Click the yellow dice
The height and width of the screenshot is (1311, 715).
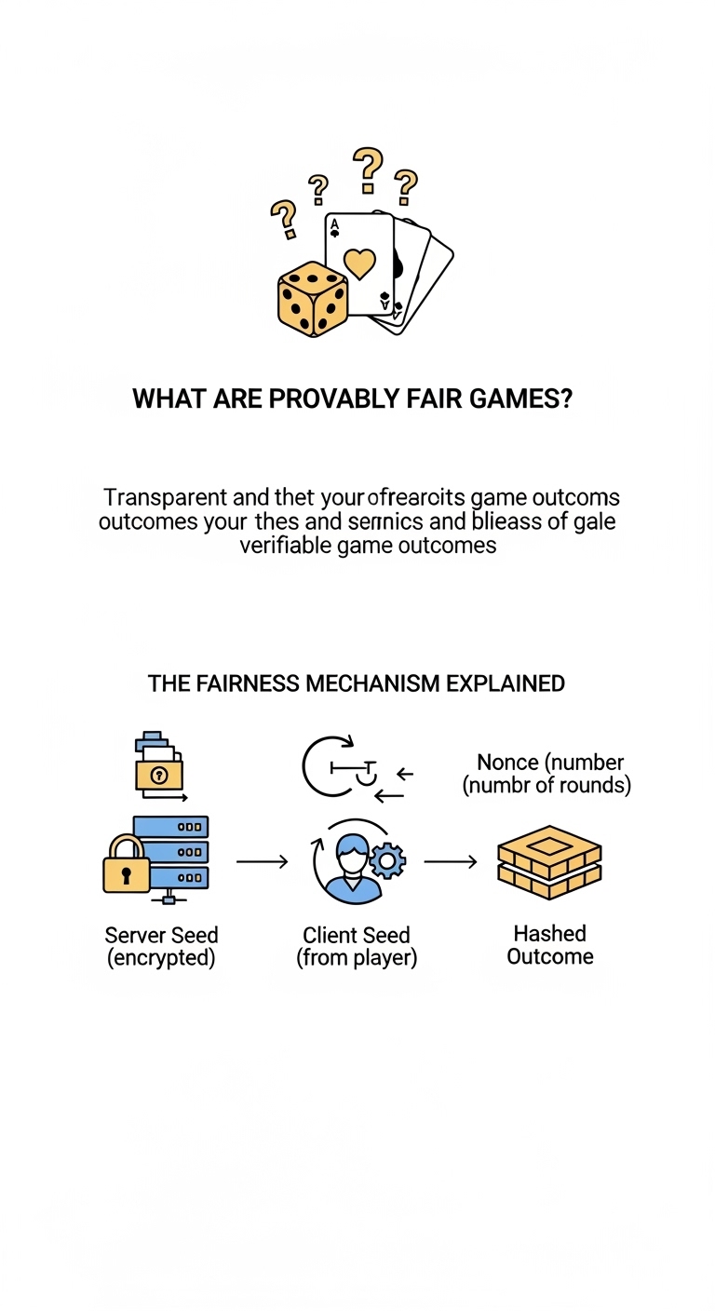coord(312,298)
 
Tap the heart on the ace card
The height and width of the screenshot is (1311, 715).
coord(358,262)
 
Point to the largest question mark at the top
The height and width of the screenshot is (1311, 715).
coord(369,168)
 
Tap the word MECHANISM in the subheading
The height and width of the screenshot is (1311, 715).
coord(357,683)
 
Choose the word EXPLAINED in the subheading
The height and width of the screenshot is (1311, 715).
coord(506,683)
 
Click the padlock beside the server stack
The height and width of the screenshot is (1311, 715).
coord(126,865)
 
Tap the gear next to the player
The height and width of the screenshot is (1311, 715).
coord(387,861)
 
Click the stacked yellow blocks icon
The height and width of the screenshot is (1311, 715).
coord(549,861)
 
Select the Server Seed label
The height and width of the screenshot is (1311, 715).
coord(161,934)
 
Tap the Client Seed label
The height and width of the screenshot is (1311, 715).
coord(356,934)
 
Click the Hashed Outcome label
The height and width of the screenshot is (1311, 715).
coord(549,944)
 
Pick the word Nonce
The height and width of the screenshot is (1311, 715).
coord(508,763)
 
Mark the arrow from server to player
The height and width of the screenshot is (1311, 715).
coord(262,862)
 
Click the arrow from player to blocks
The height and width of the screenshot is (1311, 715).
coord(451,862)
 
